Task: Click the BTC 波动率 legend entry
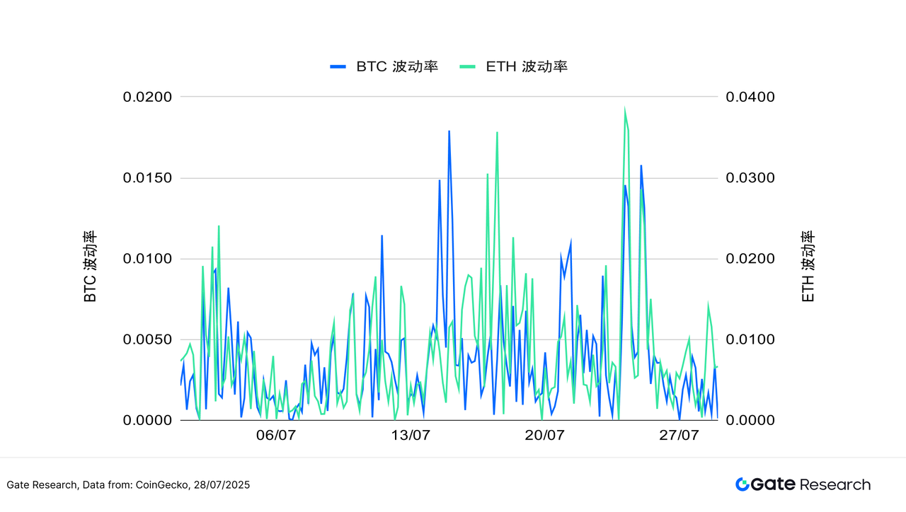tap(384, 66)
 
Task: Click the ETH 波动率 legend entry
tap(514, 66)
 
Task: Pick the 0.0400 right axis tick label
tap(750, 97)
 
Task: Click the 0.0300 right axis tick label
tap(750, 178)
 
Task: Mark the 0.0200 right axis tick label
tap(750, 259)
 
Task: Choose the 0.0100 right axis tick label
tap(750, 339)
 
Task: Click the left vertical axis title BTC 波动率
tap(90, 267)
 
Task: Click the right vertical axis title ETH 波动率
tap(808, 267)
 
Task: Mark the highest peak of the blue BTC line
tap(449, 131)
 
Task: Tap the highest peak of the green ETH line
tap(624, 109)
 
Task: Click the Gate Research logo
tap(803, 484)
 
